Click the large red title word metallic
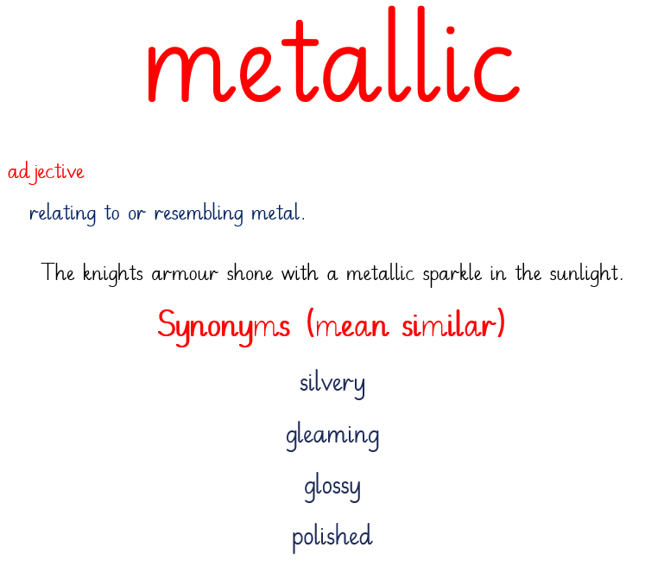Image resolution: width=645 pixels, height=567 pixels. (x=333, y=54)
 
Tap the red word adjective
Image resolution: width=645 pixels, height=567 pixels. (x=46, y=173)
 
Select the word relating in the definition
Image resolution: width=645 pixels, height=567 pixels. (x=62, y=213)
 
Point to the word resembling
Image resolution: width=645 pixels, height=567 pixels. (x=199, y=213)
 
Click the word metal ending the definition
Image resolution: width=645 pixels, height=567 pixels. (x=278, y=213)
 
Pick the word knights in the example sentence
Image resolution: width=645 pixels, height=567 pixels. (x=113, y=273)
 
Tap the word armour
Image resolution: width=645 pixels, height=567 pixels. (x=185, y=274)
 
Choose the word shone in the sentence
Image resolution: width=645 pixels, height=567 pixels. (x=250, y=273)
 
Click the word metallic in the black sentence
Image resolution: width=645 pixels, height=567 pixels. (x=380, y=273)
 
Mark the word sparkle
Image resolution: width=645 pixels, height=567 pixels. (x=452, y=274)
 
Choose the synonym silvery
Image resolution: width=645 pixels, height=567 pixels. (x=332, y=385)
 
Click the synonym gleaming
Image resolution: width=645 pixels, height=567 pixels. (x=332, y=436)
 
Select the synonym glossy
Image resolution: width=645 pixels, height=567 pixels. (x=332, y=487)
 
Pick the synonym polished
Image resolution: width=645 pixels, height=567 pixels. (x=332, y=538)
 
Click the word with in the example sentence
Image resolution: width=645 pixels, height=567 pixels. (x=300, y=273)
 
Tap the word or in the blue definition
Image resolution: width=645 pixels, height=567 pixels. (x=136, y=213)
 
